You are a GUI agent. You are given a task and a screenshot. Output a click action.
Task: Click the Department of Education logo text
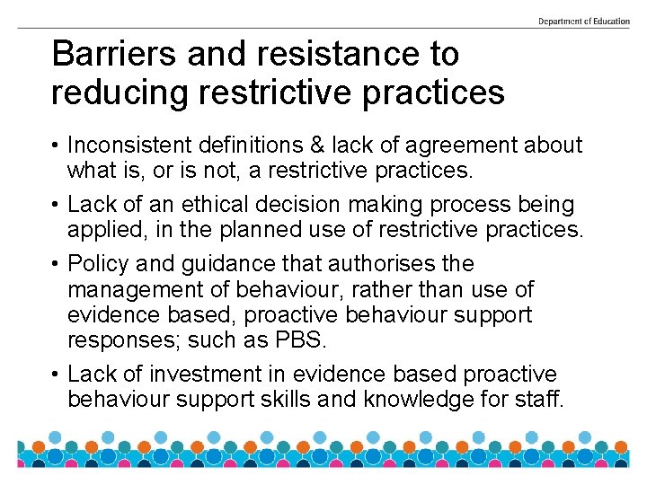(x=583, y=21)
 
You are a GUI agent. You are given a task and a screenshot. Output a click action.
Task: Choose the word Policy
(x=96, y=264)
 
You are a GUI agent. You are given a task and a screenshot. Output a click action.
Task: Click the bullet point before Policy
(x=56, y=265)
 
